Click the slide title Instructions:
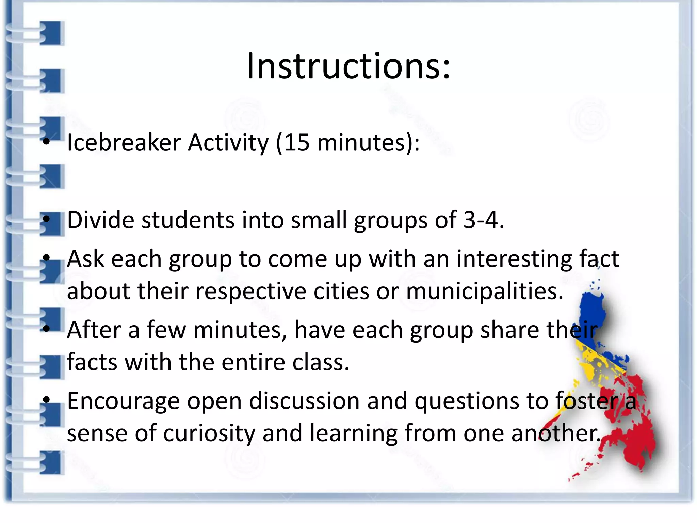(x=348, y=66)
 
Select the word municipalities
(x=485, y=291)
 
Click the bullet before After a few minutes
(x=47, y=329)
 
